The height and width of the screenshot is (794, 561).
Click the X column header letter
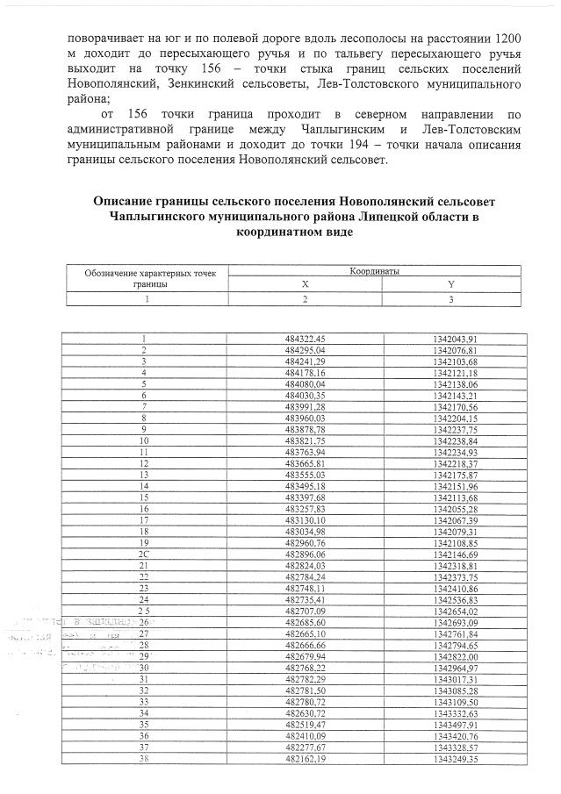(x=305, y=284)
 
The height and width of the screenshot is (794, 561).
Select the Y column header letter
(x=450, y=284)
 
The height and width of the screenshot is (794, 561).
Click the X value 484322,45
(x=305, y=339)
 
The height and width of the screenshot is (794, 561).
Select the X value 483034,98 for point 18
(x=305, y=531)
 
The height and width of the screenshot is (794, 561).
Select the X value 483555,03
(x=305, y=475)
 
